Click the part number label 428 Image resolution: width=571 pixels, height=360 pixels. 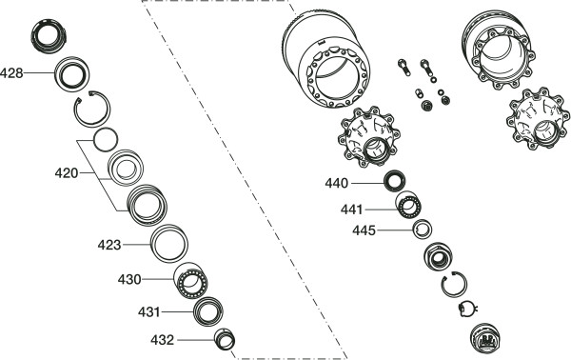click(11, 73)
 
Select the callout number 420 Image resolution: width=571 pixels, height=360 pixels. click(67, 173)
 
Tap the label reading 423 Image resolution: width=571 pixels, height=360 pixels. click(109, 245)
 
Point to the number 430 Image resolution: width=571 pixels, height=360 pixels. click(129, 280)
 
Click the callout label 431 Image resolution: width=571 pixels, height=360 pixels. click(149, 312)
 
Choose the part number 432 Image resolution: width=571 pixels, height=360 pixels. click(163, 340)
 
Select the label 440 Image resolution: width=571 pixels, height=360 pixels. click(337, 183)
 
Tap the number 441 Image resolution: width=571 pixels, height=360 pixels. click(352, 210)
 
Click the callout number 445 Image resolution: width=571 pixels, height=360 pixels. click(364, 230)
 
